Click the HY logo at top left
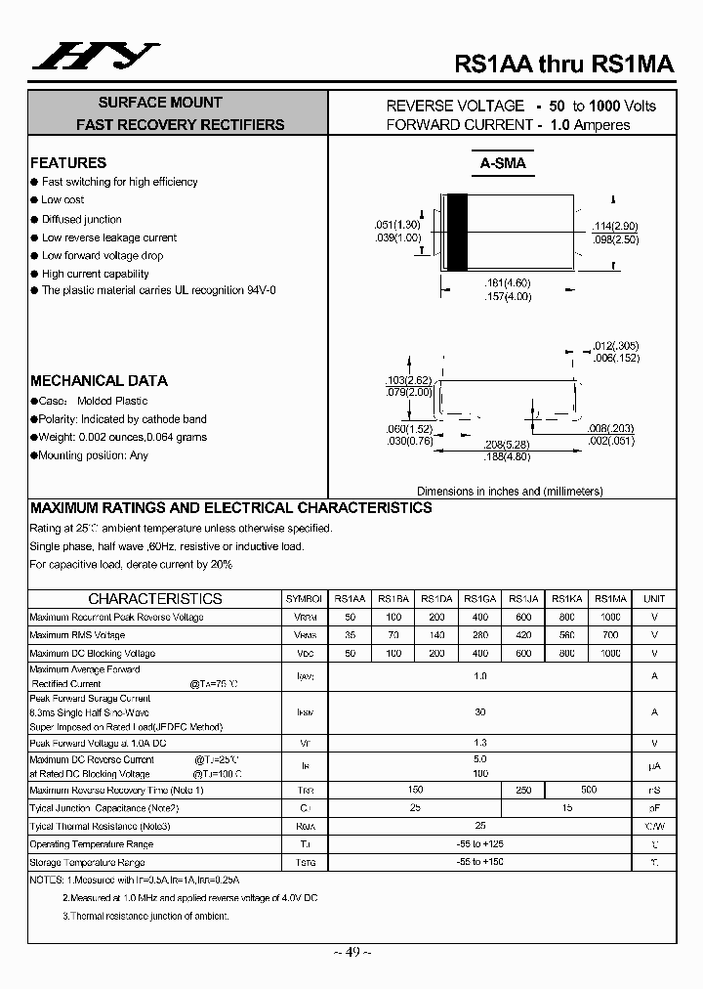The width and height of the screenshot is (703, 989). tap(95, 60)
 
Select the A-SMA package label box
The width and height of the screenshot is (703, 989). tap(502, 163)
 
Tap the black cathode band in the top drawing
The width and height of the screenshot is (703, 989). tap(455, 234)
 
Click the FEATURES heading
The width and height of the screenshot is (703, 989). tap(68, 163)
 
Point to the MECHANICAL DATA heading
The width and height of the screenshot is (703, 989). tap(99, 381)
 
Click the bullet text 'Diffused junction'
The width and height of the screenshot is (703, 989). tap(82, 219)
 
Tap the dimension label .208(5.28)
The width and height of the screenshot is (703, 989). tap(507, 444)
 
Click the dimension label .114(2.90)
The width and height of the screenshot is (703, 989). tap(615, 227)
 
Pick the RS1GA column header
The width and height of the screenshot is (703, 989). tap(479, 599)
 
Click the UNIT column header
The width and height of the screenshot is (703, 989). tap(654, 599)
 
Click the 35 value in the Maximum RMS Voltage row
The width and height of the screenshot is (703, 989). tap(351, 635)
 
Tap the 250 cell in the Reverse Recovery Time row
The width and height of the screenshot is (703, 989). tap(522, 790)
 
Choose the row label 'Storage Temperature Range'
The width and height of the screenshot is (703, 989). tap(88, 862)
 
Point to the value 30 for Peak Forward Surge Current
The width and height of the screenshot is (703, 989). tap(479, 712)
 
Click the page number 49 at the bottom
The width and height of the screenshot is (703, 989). tap(351, 952)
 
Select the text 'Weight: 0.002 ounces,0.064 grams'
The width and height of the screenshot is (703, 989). tap(123, 437)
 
